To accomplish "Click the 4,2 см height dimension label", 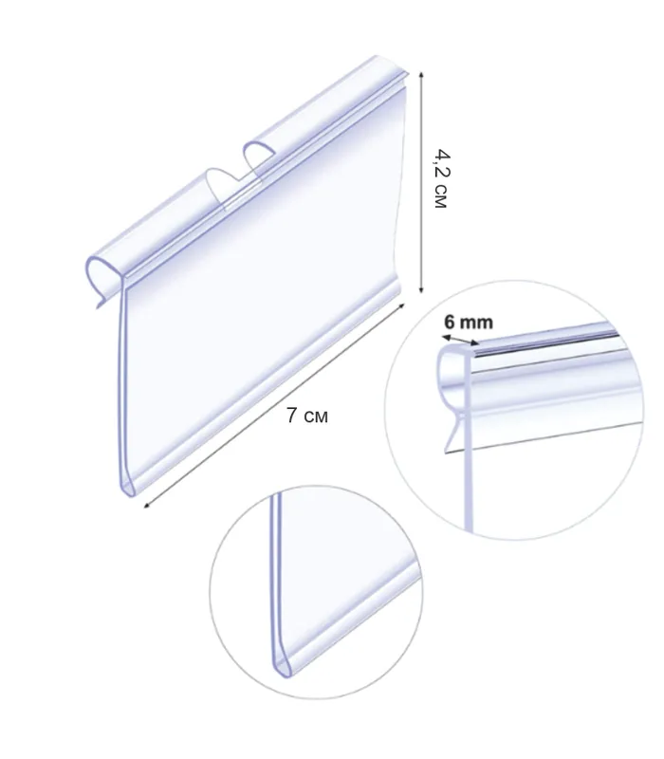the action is pos(441,178).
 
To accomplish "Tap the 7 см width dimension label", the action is pos(306,416).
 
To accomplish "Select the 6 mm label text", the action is pos(469,322).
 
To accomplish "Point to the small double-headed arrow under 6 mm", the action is pos(461,340).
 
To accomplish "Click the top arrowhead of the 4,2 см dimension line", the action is pos(421,75).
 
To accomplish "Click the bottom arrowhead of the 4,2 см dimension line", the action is pos(421,289).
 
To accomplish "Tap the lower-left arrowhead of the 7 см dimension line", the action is pos(147,506).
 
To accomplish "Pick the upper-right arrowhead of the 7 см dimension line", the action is pos(400,305).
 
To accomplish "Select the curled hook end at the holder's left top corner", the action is pos(101,278).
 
